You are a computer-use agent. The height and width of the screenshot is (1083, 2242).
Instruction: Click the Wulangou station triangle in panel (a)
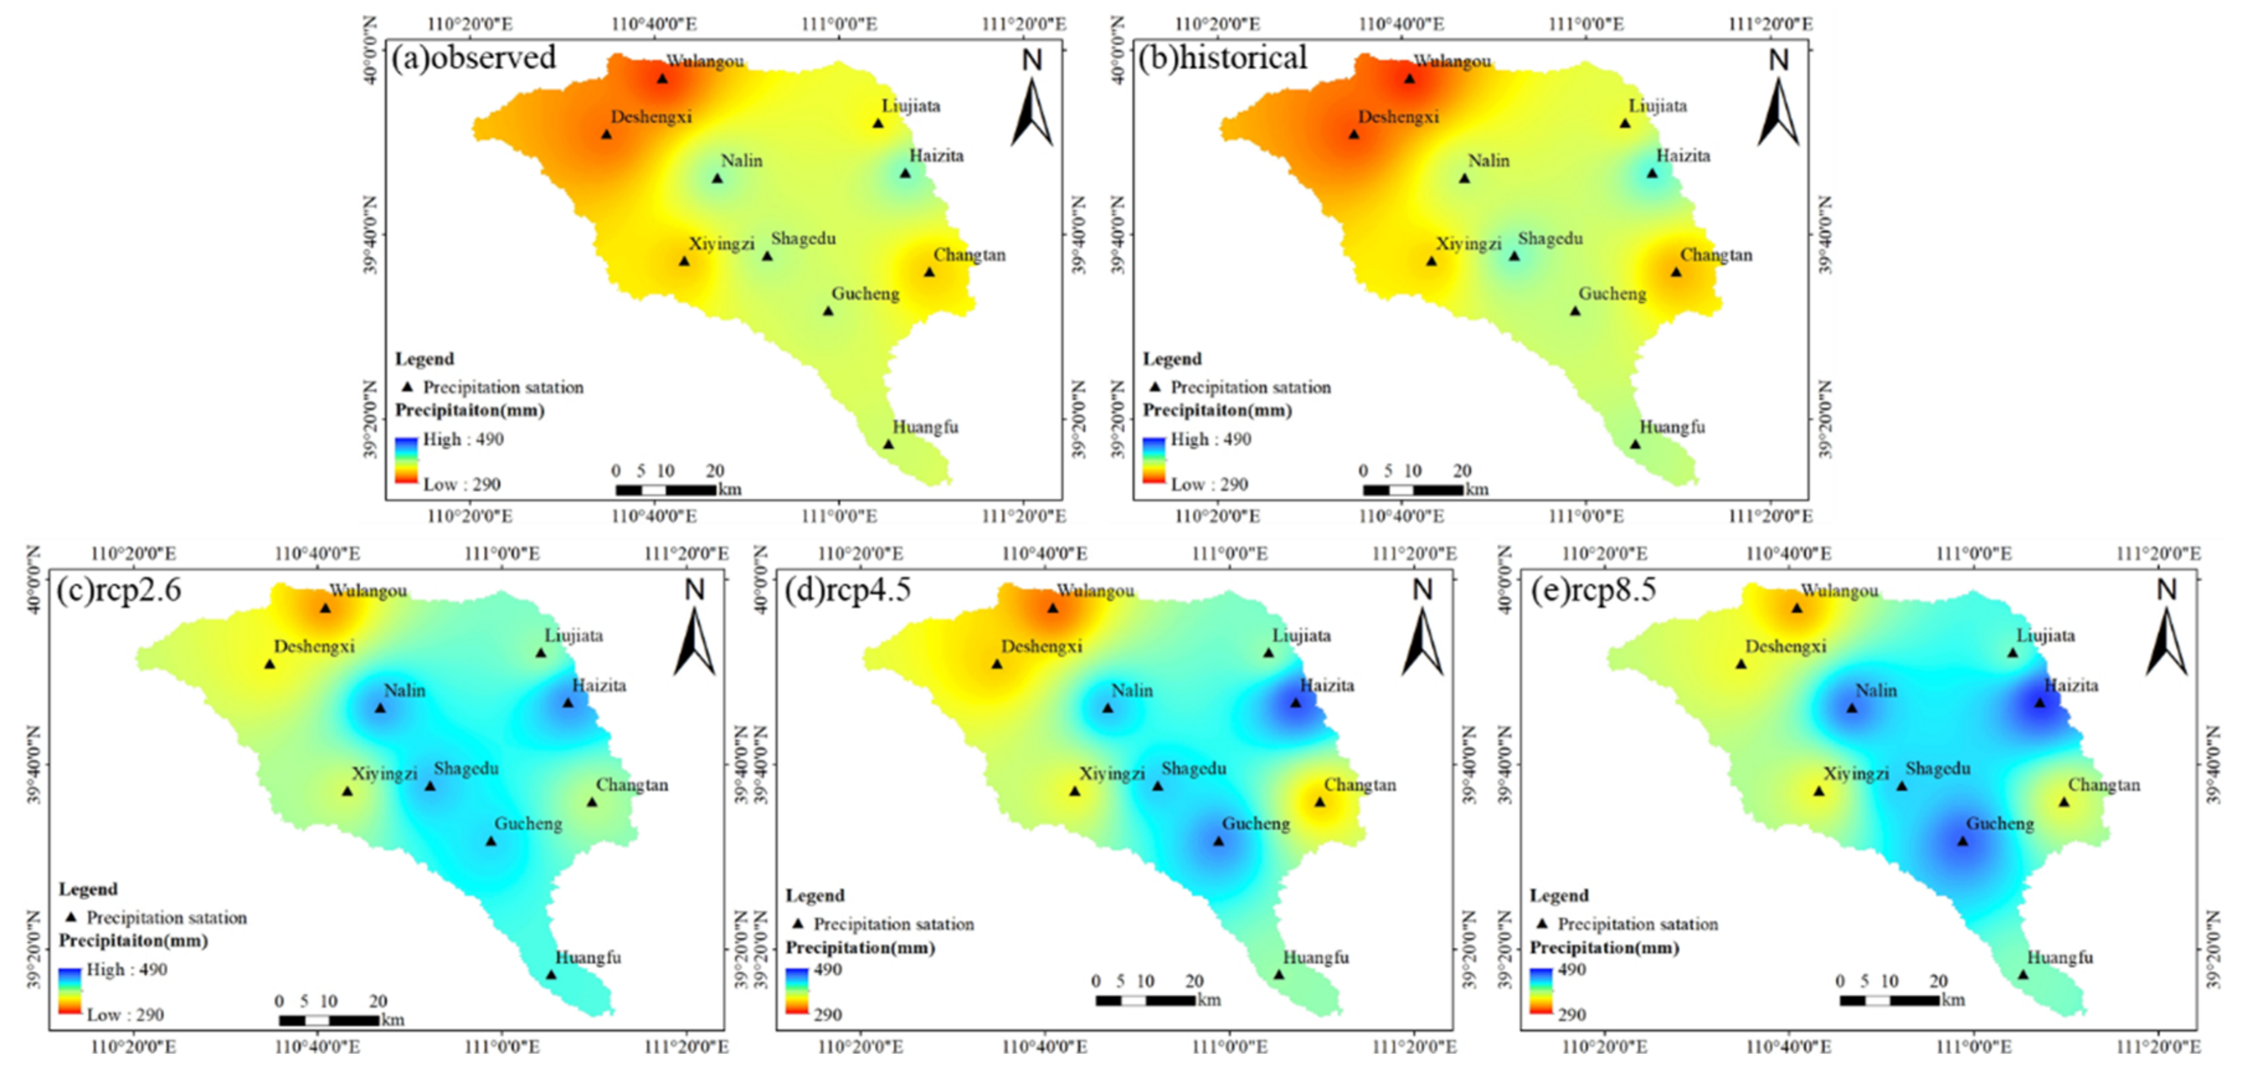[662, 78]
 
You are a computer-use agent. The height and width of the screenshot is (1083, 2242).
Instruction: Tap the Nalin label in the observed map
[742, 160]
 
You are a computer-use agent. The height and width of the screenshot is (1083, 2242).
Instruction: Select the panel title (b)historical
[1223, 58]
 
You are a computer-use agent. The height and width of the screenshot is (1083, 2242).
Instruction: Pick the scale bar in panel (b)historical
[1413, 490]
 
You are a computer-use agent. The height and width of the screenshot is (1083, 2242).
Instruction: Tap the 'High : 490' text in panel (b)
[1210, 440]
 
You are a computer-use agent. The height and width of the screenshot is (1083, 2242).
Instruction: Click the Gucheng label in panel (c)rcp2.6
[528, 823]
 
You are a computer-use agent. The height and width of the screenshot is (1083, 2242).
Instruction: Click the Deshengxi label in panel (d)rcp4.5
[1042, 646]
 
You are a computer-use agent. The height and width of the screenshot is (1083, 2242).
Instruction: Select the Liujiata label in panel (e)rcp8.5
[2045, 635]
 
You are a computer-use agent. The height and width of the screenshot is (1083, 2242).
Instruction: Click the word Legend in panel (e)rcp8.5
[1559, 895]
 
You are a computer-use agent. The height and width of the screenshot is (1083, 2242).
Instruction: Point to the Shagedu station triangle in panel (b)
[1515, 256]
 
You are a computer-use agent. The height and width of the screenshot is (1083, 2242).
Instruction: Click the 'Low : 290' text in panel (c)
[125, 1014]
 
